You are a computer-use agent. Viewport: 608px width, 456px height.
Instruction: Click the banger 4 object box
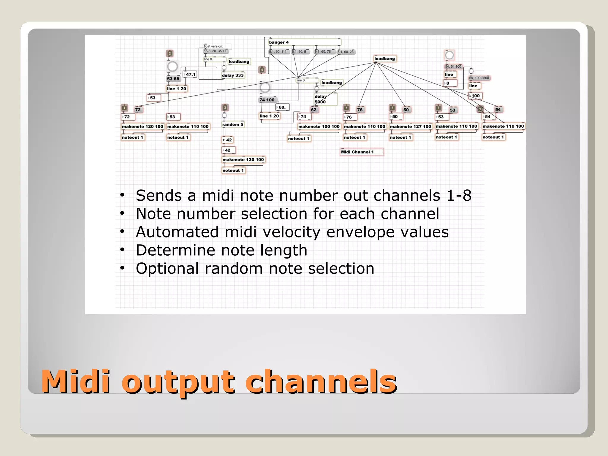click(304, 42)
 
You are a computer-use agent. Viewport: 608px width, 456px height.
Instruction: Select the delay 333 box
click(233, 75)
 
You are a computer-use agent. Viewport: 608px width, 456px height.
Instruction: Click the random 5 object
click(233, 124)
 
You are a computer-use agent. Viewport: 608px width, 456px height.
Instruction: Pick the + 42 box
click(227, 140)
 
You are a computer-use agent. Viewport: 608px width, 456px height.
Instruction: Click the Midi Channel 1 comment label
click(361, 152)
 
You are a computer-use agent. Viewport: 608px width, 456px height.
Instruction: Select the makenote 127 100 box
click(410, 126)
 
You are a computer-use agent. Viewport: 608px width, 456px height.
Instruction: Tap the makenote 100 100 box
click(319, 126)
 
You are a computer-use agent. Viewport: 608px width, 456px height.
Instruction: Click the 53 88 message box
click(173, 79)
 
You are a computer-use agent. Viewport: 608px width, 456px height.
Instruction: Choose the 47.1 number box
click(190, 74)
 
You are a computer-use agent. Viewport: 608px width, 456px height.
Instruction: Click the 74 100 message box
click(267, 100)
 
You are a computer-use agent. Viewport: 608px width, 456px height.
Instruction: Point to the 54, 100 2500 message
click(479, 78)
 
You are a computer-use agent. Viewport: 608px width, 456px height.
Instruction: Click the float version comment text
click(214, 46)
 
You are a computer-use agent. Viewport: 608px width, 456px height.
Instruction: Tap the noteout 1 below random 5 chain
click(233, 170)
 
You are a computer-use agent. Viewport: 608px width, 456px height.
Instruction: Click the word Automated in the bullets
click(177, 232)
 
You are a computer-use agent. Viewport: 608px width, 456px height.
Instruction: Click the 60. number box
click(282, 107)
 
